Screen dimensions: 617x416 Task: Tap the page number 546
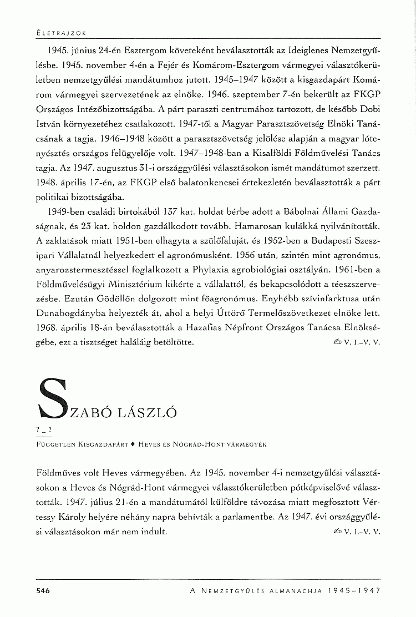click(x=43, y=591)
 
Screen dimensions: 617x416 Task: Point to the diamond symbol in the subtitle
click(x=133, y=444)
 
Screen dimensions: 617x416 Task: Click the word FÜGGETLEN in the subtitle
click(x=53, y=444)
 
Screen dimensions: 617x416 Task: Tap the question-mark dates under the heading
click(x=42, y=431)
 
